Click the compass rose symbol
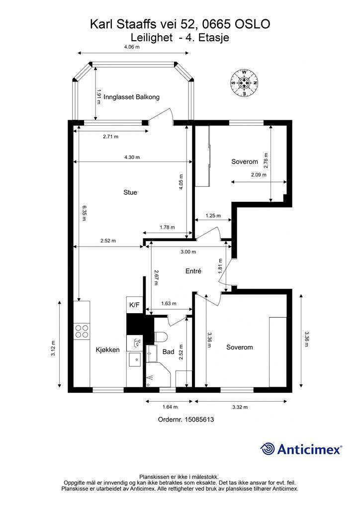pyautogui.click(x=244, y=83)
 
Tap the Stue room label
pyautogui.click(x=130, y=192)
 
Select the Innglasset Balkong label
pyautogui.click(x=131, y=97)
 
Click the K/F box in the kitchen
pyautogui.click(x=134, y=305)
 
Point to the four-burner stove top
pyautogui.click(x=82, y=331)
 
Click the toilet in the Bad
pyautogui.click(x=161, y=337)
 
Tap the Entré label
pyautogui.click(x=193, y=271)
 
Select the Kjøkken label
pyautogui.click(x=107, y=349)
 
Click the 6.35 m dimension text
pyautogui.click(x=84, y=213)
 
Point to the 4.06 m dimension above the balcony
pyautogui.click(x=132, y=47)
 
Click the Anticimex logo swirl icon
pyautogui.click(x=268, y=449)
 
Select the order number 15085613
pyautogui.click(x=199, y=420)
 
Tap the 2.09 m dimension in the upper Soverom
pyautogui.click(x=259, y=174)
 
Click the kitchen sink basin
pyautogui.click(x=134, y=360)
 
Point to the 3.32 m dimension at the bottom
pyautogui.click(x=240, y=407)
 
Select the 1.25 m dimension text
pyautogui.click(x=213, y=216)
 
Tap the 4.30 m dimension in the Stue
pyautogui.click(x=132, y=157)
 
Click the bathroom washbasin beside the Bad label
pyautogui.click(x=152, y=353)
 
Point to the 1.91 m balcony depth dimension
pyautogui.click(x=99, y=97)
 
